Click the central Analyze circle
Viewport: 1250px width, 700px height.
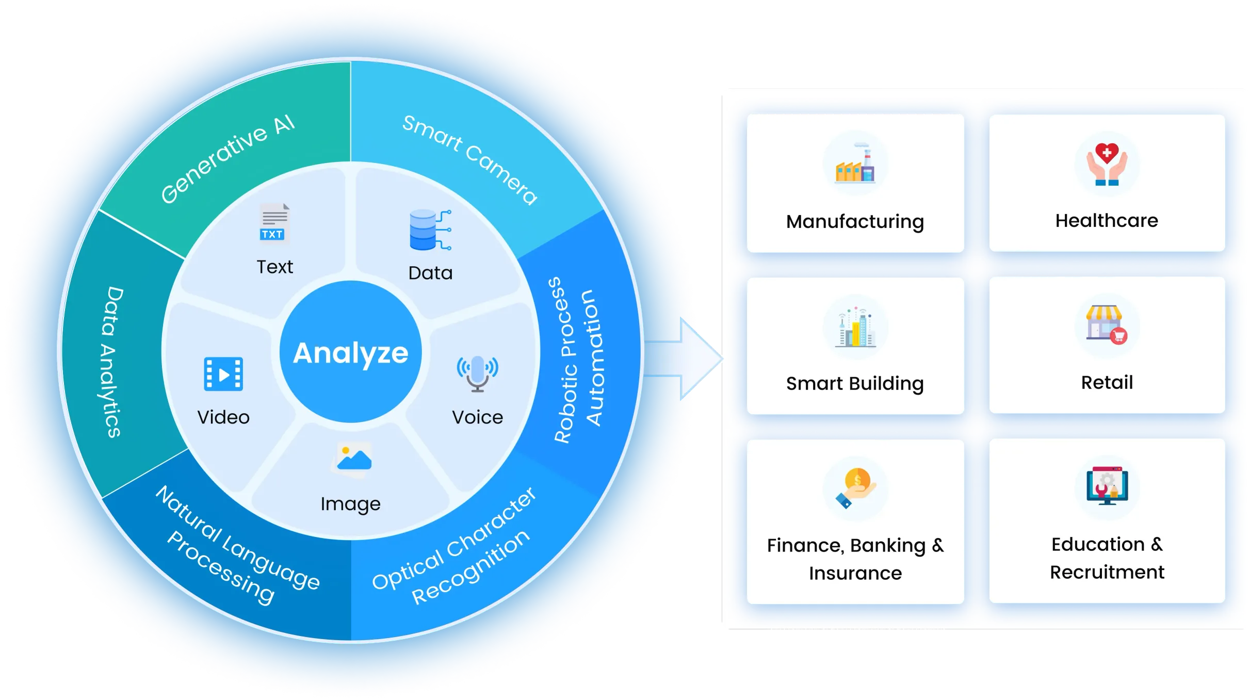(351, 352)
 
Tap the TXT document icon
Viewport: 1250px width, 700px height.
(274, 223)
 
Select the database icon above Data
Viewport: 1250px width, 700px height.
(429, 230)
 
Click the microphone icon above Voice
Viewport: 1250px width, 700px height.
(477, 373)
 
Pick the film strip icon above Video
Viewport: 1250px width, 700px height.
(223, 374)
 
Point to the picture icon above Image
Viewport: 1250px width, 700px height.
(353, 458)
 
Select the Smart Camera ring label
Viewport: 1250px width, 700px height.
(469, 159)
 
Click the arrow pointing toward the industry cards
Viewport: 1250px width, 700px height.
(686, 359)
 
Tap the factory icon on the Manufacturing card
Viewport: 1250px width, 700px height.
(855, 164)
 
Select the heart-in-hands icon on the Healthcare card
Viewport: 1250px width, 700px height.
(1107, 164)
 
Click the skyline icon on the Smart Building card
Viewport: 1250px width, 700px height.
(855, 328)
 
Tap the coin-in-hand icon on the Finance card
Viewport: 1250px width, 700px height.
(856, 487)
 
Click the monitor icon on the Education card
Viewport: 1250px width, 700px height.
(1107, 486)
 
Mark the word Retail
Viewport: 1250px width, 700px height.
(1107, 383)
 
